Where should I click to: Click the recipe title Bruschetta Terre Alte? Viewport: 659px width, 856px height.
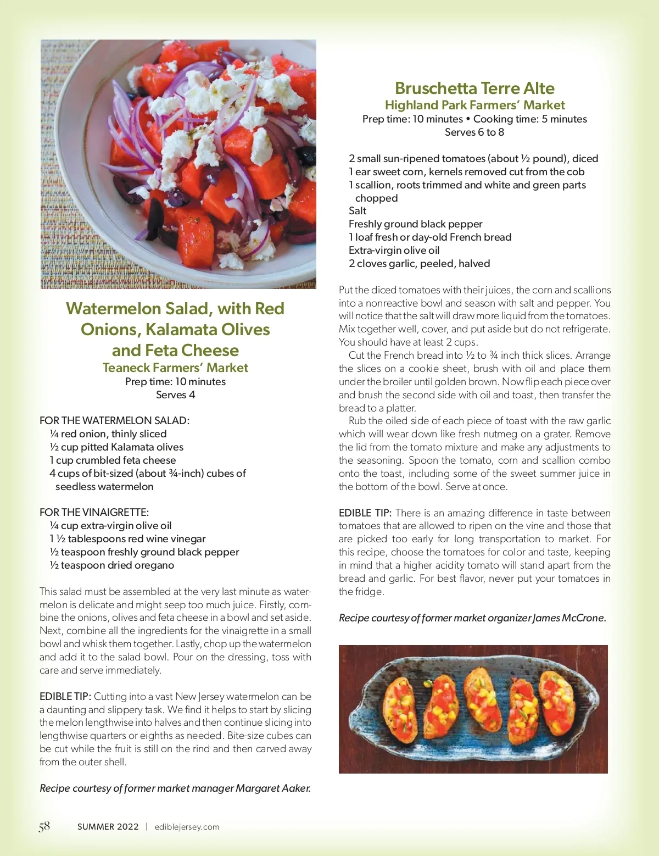[x=474, y=88]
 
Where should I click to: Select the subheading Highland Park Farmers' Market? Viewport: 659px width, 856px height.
[x=474, y=105]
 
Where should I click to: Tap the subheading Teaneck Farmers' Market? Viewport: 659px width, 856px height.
[x=175, y=368]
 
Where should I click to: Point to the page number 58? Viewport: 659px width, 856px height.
[x=44, y=826]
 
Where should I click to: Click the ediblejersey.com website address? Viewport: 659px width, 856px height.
[x=187, y=827]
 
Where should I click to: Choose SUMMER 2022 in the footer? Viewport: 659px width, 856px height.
[x=108, y=827]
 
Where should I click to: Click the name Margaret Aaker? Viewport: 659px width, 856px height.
[x=273, y=788]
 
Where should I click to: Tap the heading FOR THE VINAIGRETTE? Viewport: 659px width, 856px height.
[x=94, y=513]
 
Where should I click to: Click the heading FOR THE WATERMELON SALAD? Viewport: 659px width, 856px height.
[x=114, y=421]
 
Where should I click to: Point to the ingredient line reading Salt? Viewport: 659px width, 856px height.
[x=358, y=211]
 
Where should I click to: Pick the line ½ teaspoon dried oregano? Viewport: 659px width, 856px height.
[x=111, y=565]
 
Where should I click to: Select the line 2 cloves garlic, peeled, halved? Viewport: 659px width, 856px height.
[x=419, y=264]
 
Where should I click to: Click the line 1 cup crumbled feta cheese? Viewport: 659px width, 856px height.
[x=113, y=460]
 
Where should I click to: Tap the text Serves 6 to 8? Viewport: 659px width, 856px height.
[x=474, y=132]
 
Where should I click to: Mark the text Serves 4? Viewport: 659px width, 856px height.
[x=175, y=395]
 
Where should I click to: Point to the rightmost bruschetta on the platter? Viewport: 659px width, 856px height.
[x=557, y=703]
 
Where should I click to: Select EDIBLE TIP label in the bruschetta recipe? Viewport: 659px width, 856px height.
[x=365, y=513]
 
